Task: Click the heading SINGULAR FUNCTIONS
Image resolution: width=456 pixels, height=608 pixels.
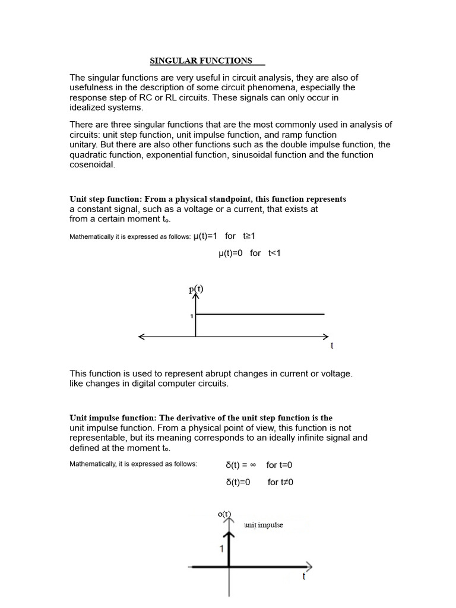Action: pos(201,61)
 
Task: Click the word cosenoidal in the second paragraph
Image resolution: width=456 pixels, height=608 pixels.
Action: pos(92,165)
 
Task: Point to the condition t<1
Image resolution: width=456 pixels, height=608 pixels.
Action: pos(274,253)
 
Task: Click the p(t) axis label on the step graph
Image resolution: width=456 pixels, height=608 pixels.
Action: pos(196,290)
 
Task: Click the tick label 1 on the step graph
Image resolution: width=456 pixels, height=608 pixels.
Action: pos(191,316)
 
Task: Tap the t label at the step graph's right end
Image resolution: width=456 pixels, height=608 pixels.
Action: pos(331,346)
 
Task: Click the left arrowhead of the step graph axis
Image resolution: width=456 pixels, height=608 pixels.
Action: pos(141,337)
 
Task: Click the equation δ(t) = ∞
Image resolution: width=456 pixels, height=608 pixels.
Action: pos(240,465)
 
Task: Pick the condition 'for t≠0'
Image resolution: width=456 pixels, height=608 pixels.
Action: pos(280,482)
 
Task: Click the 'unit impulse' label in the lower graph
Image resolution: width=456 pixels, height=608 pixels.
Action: pos(264,525)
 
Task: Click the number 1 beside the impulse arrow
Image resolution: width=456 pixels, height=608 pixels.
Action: pos(222,549)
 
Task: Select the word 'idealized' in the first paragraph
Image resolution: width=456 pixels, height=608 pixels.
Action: pos(89,107)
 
